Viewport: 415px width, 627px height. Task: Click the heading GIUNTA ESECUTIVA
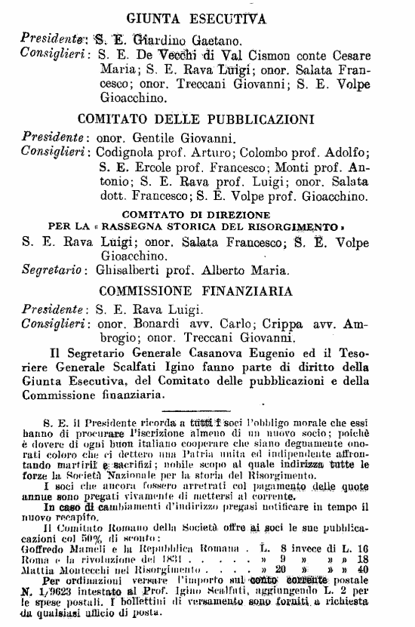pos(207,19)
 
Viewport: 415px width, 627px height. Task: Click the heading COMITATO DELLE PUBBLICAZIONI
pos(207,118)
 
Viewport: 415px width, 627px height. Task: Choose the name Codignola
pos(127,153)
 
